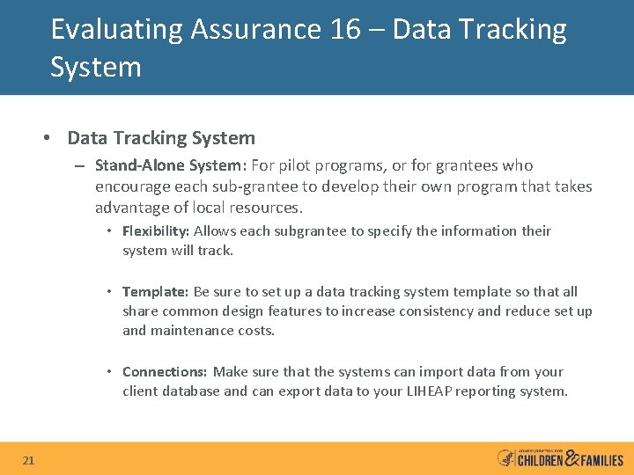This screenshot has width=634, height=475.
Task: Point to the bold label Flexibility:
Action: pos(156,231)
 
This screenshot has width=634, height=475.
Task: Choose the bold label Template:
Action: pos(155,292)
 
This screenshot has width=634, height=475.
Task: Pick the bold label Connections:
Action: pos(165,372)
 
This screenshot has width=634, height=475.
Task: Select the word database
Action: pos(189,391)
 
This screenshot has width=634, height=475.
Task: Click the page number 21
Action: pos(29,460)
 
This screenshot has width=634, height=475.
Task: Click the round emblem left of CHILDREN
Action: pos(505,458)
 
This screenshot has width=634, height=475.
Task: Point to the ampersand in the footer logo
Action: pos(571,457)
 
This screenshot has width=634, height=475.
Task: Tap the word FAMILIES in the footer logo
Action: pos(602,460)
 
